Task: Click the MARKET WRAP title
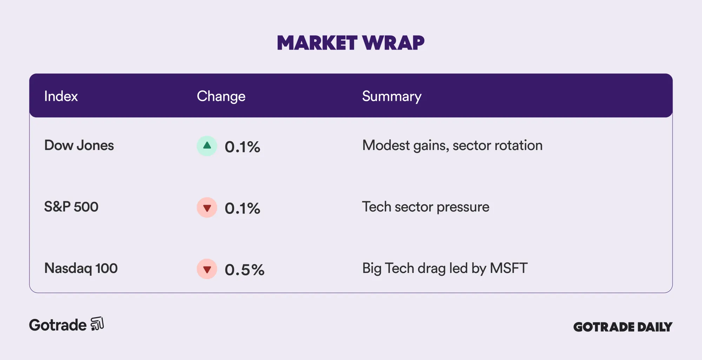[x=351, y=43]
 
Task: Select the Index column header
[x=61, y=96]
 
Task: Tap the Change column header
[x=221, y=97]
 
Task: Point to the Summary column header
[x=392, y=97]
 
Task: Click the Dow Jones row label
[x=79, y=145]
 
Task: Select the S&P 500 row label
[x=71, y=207]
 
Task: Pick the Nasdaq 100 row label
[x=81, y=268]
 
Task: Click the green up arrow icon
[x=207, y=146]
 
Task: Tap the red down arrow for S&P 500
[x=207, y=208]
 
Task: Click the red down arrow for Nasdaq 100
[x=207, y=269]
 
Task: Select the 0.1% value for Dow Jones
[x=243, y=147]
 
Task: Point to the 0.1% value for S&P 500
[x=243, y=208]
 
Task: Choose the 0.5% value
[x=245, y=270]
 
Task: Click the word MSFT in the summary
[x=509, y=268]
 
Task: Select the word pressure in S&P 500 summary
[x=463, y=207]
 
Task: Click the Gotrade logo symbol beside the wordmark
[x=97, y=323]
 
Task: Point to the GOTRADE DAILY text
[x=623, y=327]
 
